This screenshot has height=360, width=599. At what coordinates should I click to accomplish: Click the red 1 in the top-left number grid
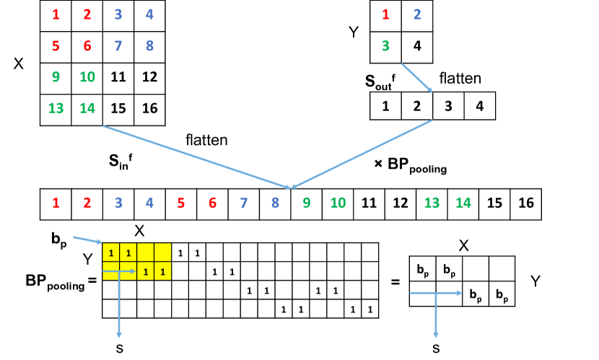[x=56, y=14]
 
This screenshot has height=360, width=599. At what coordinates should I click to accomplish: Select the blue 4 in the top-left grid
[x=149, y=14]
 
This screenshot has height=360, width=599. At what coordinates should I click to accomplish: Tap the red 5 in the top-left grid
[x=56, y=46]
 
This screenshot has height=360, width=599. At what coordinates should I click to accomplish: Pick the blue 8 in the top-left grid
[x=149, y=46]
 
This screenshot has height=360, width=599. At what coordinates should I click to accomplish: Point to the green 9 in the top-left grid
[x=56, y=77]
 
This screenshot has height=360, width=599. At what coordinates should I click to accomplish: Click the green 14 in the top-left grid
[x=87, y=108]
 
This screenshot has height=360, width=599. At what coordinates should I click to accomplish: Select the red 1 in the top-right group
[x=385, y=14]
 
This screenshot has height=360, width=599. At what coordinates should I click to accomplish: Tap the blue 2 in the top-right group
[x=417, y=14]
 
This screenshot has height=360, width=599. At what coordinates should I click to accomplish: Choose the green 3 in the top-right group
[x=385, y=46]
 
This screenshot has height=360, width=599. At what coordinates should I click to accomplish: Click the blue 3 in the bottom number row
[x=118, y=203]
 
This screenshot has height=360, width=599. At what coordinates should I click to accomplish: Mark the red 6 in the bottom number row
[x=212, y=203]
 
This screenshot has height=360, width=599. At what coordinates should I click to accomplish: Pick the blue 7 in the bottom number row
[x=244, y=203]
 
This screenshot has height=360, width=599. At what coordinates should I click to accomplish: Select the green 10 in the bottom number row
[x=338, y=203]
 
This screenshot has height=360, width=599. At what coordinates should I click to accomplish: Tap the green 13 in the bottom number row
[x=432, y=203]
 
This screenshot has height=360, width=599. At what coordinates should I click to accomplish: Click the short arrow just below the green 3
[x=416, y=78]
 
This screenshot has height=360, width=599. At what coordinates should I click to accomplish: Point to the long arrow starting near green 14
[x=195, y=157]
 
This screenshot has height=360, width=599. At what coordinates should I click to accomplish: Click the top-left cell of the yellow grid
[x=111, y=253]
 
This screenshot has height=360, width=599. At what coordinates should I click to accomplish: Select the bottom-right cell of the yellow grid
[x=162, y=271]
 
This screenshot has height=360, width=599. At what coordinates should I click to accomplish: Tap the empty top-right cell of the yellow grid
[x=162, y=253]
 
